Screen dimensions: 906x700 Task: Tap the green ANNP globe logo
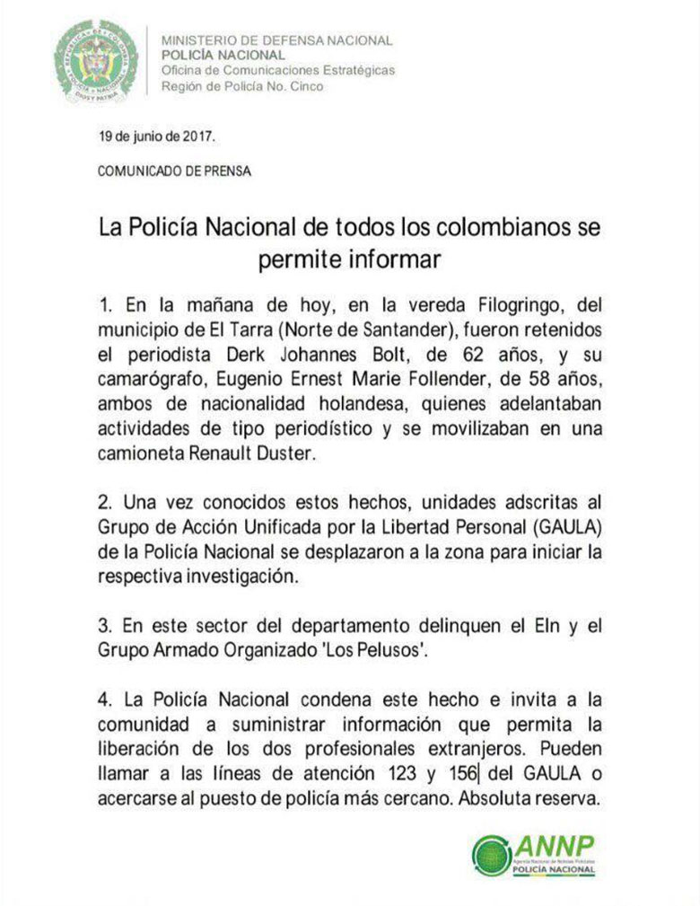492,854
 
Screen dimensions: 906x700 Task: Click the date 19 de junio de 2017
157,136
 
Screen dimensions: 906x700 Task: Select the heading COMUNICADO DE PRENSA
174,171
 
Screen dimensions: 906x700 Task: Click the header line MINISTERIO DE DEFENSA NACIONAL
276,40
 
